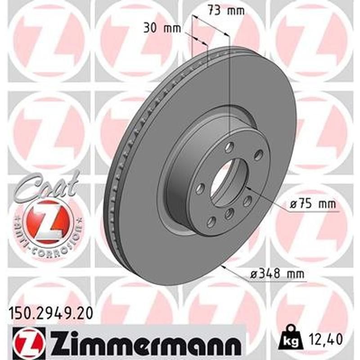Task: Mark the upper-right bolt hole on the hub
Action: pyautogui.click(x=258, y=155)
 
